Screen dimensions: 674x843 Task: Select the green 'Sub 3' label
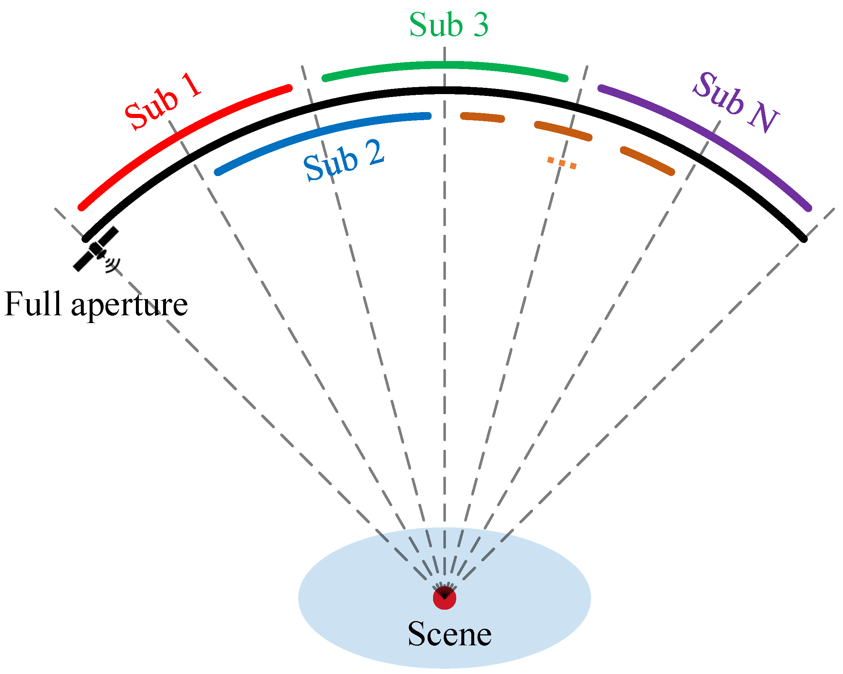tap(448, 25)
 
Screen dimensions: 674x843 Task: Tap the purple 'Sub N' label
tap(735, 103)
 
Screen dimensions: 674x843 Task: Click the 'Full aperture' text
tap(96, 304)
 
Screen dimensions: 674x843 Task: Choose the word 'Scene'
tap(449, 634)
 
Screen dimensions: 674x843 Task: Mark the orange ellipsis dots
tap(562, 162)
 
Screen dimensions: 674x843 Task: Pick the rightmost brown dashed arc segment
tap(648, 161)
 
